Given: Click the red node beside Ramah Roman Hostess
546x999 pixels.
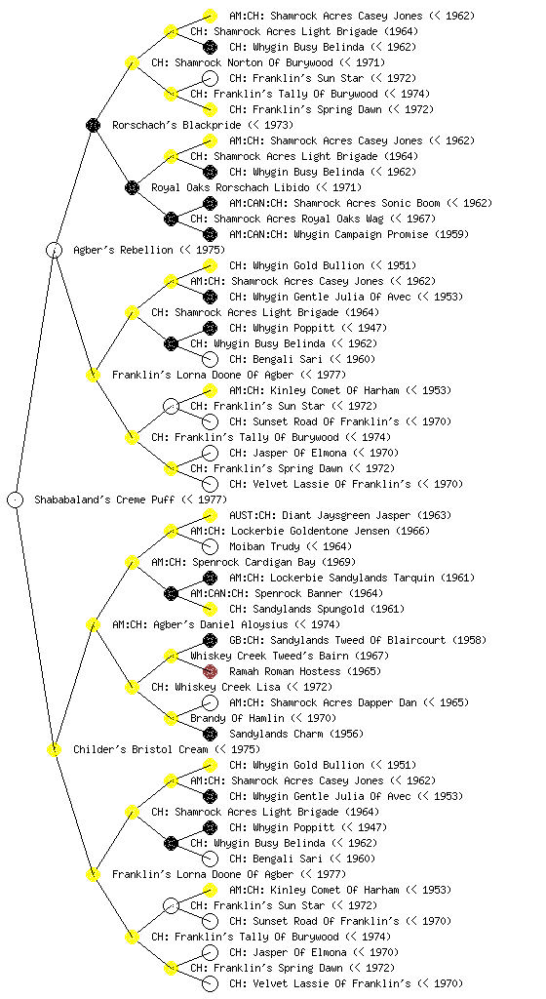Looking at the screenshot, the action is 210,671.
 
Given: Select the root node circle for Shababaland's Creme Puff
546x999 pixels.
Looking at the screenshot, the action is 16,499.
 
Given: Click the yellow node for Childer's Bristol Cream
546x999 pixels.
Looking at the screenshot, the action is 54,749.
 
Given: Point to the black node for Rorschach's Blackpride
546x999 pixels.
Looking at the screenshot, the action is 93,125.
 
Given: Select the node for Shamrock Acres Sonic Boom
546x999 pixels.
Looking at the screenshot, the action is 210,203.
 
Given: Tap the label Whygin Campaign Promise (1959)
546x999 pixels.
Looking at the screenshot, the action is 381,234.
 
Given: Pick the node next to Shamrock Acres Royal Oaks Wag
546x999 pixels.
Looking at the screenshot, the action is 171,219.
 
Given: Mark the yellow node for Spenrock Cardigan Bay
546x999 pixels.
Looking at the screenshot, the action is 132,562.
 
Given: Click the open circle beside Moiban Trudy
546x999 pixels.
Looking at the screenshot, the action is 210,546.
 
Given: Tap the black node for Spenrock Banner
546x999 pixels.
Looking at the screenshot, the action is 171,593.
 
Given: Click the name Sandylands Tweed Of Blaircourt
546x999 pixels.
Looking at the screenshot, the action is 358,640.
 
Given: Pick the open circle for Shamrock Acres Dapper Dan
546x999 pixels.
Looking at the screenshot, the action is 210,702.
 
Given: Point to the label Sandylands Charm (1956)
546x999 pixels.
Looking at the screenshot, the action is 296,734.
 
